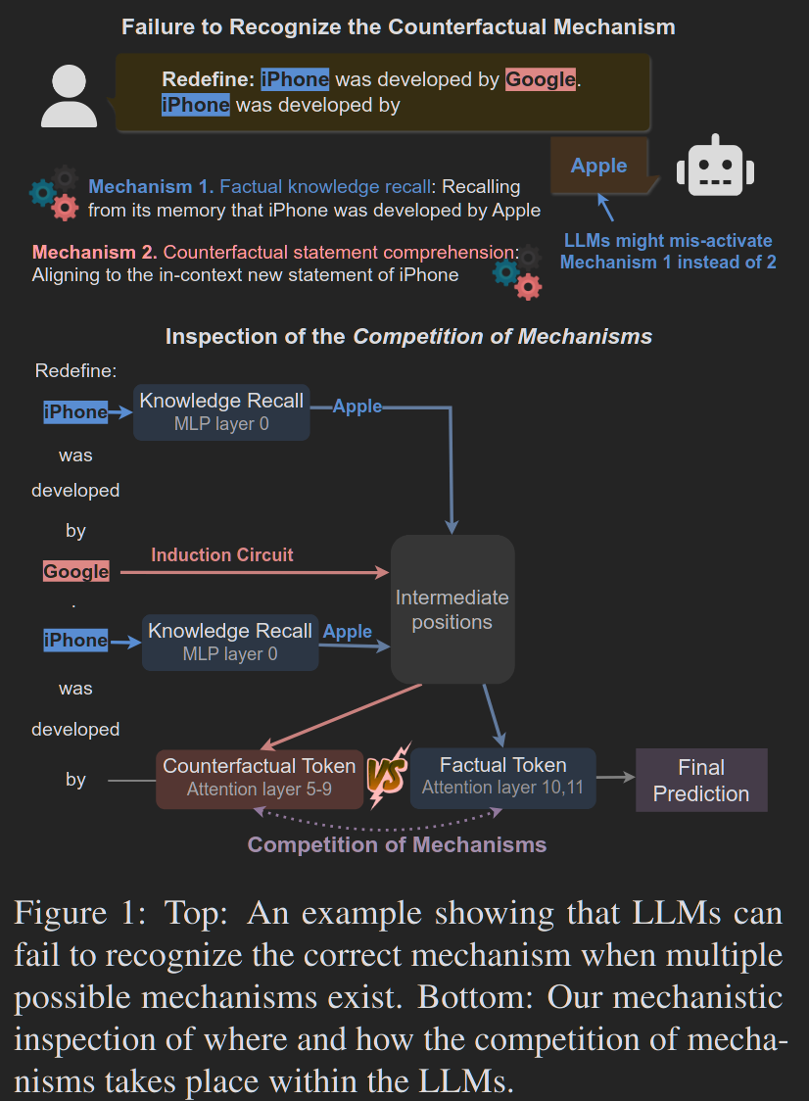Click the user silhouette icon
pos(69,96)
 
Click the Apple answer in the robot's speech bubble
pos(598,166)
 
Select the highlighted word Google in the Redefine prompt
pos(540,79)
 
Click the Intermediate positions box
pos(452,609)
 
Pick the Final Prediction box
pos(701,780)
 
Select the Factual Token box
pos(502,778)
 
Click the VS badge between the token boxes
pos(387,775)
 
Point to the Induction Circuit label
pos(222,554)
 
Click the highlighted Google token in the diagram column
pos(75,572)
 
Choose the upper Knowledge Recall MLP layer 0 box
pos(221,412)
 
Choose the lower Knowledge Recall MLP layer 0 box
pos(229,643)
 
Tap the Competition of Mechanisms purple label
pos(397,844)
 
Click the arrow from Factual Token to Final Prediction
pos(616,778)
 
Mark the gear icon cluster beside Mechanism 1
pos(54,193)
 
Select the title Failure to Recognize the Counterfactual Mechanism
pos(399,26)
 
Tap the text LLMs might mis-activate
pos(668,240)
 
